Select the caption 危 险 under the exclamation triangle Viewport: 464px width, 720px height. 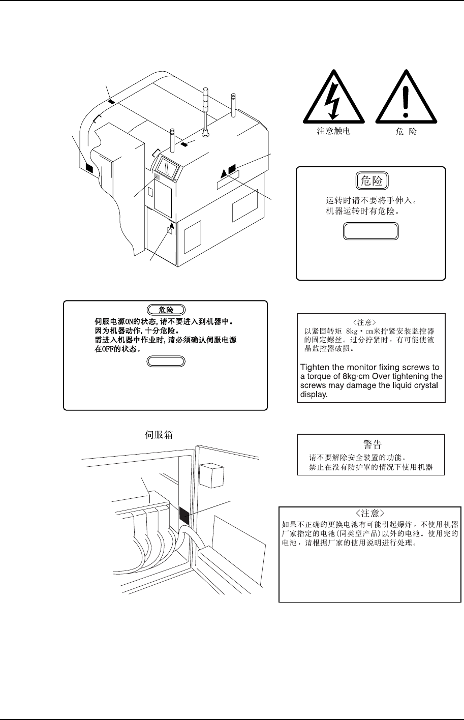click(x=406, y=131)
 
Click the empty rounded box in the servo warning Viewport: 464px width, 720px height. click(x=166, y=362)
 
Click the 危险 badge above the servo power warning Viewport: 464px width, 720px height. click(x=166, y=309)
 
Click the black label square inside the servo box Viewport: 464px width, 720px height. click(x=184, y=516)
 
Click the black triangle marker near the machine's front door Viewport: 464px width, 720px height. click(x=172, y=226)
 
